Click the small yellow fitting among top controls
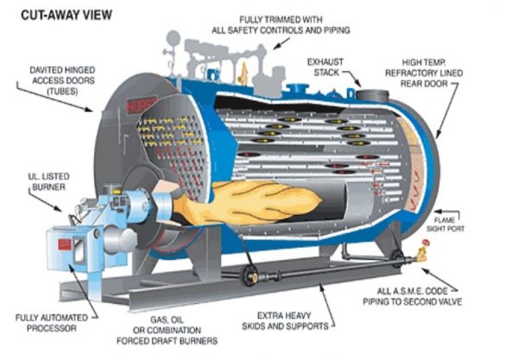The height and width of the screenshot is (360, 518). [243, 69]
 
